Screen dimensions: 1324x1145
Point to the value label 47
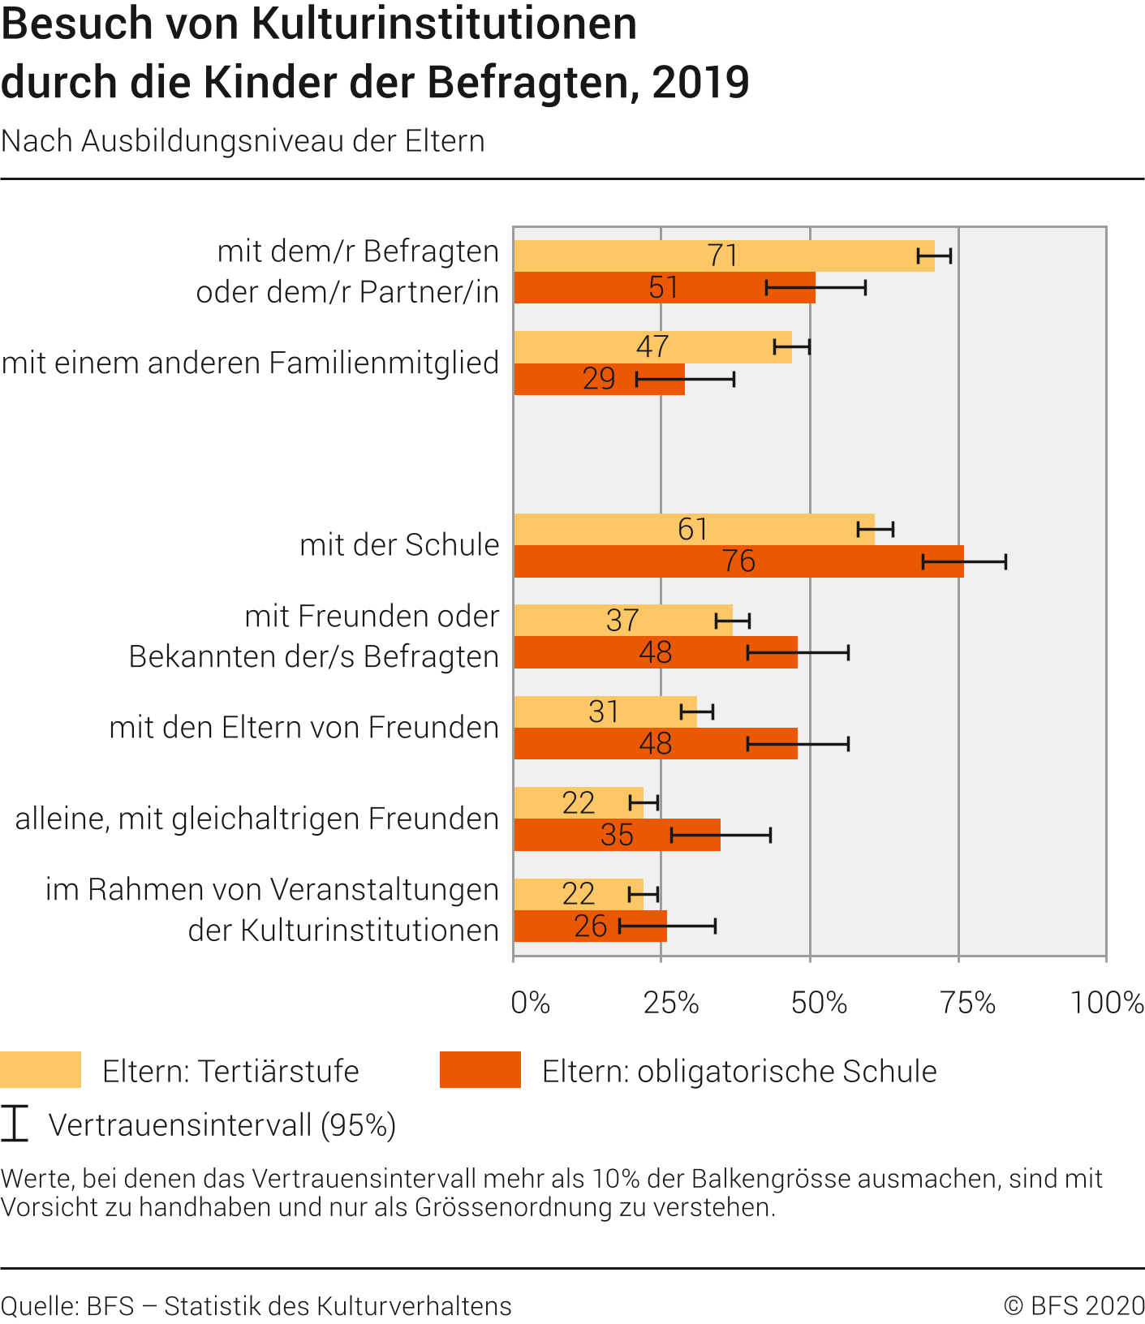click(652, 346)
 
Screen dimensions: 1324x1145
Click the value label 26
click(590, 926)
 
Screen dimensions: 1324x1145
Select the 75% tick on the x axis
click(967, 1003)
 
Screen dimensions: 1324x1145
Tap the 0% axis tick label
click(531, 1003)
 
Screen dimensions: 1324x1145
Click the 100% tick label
click(1107, 1003)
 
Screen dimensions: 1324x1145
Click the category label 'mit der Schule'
click(399, 544)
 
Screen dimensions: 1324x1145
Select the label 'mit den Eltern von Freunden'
click(303, 727)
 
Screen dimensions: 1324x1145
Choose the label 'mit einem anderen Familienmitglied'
click(250, 363)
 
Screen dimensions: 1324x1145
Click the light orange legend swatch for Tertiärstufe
click(41, 1070)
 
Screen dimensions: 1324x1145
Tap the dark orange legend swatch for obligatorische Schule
click(480, 1070)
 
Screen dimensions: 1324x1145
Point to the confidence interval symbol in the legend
click(15, 1124)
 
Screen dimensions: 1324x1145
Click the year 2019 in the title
click(700, 82)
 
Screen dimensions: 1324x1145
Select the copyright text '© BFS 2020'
click(1074, 1305)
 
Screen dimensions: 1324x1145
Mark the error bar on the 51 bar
click(816, 287)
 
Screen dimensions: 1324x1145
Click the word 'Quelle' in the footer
click(39, 1305)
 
